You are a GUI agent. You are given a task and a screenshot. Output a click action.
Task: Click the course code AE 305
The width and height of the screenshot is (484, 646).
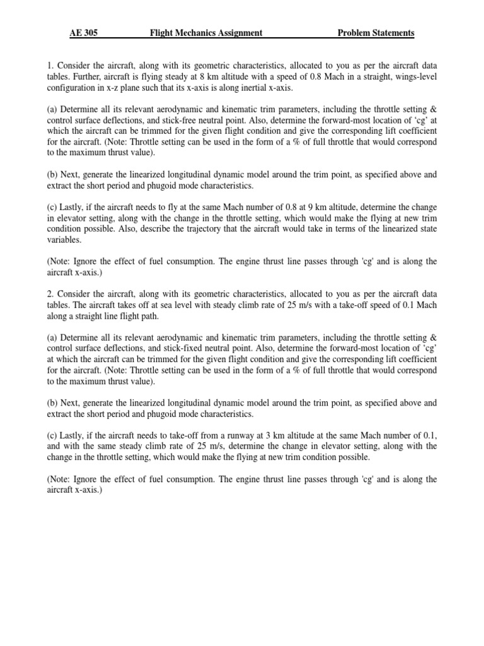pyautogui.click(x=84, y=33)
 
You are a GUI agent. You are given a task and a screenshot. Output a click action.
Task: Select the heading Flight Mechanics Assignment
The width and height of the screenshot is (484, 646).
pyautogui.click(x=206, y=33)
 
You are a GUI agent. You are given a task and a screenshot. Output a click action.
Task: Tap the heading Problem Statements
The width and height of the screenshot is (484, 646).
pyautogui.click(x=376, y=33)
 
